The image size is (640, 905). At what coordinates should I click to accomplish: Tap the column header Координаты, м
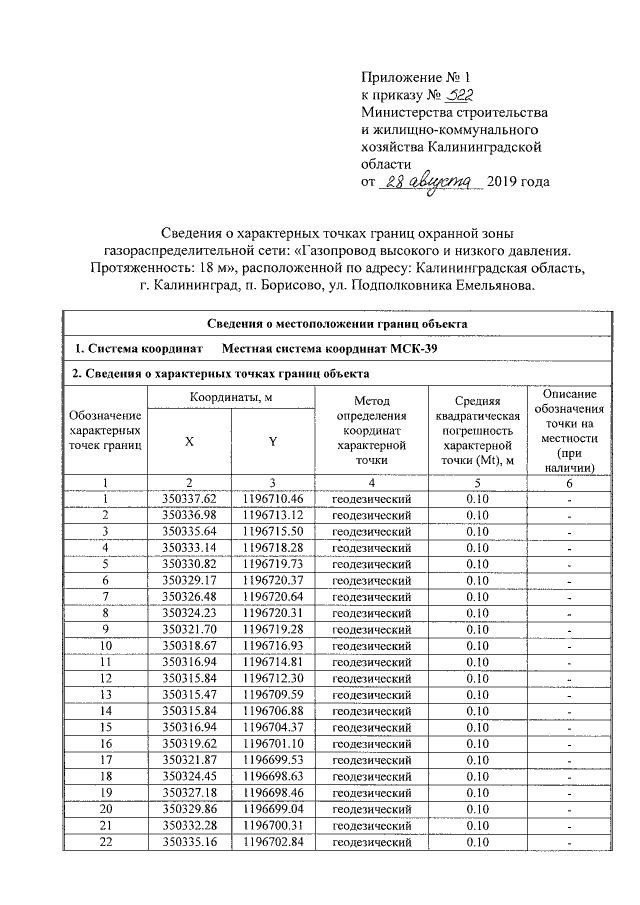(231, 399)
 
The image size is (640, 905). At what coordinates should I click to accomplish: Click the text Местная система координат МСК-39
(329, 348)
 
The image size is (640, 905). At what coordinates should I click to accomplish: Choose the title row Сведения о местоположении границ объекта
(337, 323)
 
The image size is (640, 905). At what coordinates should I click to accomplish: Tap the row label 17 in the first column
(104, 760)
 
